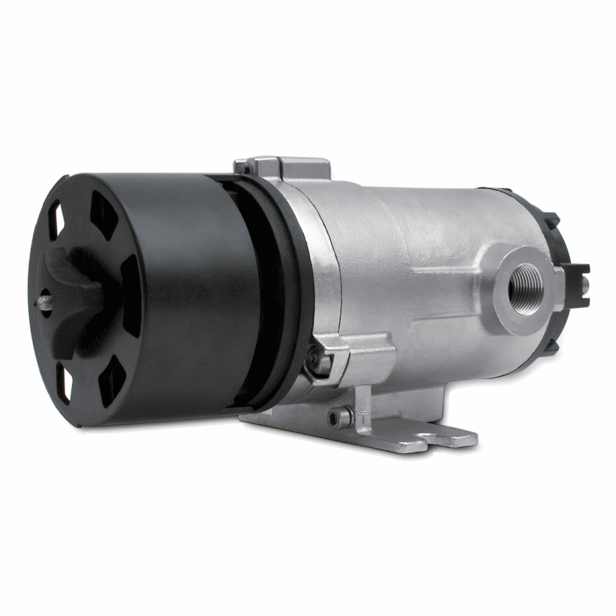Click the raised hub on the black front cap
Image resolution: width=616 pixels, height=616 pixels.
pyautogui.click(x=72, y=301)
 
